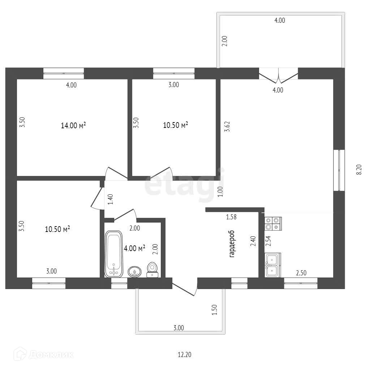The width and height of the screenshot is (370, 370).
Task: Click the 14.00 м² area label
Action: (x=73, y=125)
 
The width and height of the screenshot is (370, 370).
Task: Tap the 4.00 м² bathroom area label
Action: (x=134, y=248)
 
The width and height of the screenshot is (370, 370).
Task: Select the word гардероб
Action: (x=232, y=244)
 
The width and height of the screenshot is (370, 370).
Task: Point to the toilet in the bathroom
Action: (x=152, y=270)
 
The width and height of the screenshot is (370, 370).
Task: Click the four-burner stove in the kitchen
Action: (x=273, y=223)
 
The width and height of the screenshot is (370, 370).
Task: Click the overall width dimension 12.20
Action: (x=184, y=355)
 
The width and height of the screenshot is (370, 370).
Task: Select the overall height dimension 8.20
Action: (x=358, y=169)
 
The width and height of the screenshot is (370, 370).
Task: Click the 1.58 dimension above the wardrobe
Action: (x=231, y=217)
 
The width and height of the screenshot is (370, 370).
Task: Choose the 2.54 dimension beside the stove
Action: (x=268, y=241)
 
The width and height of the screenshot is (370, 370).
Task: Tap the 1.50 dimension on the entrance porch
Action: (x=214, y=310)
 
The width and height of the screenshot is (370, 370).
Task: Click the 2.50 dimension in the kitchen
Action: (x=302, y=273)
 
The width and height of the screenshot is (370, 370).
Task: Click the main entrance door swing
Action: (x=185, y=287)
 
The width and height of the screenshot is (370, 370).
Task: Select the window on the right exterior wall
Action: (x=339, y=170)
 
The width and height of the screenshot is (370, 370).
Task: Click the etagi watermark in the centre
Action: (x=184, y=186)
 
